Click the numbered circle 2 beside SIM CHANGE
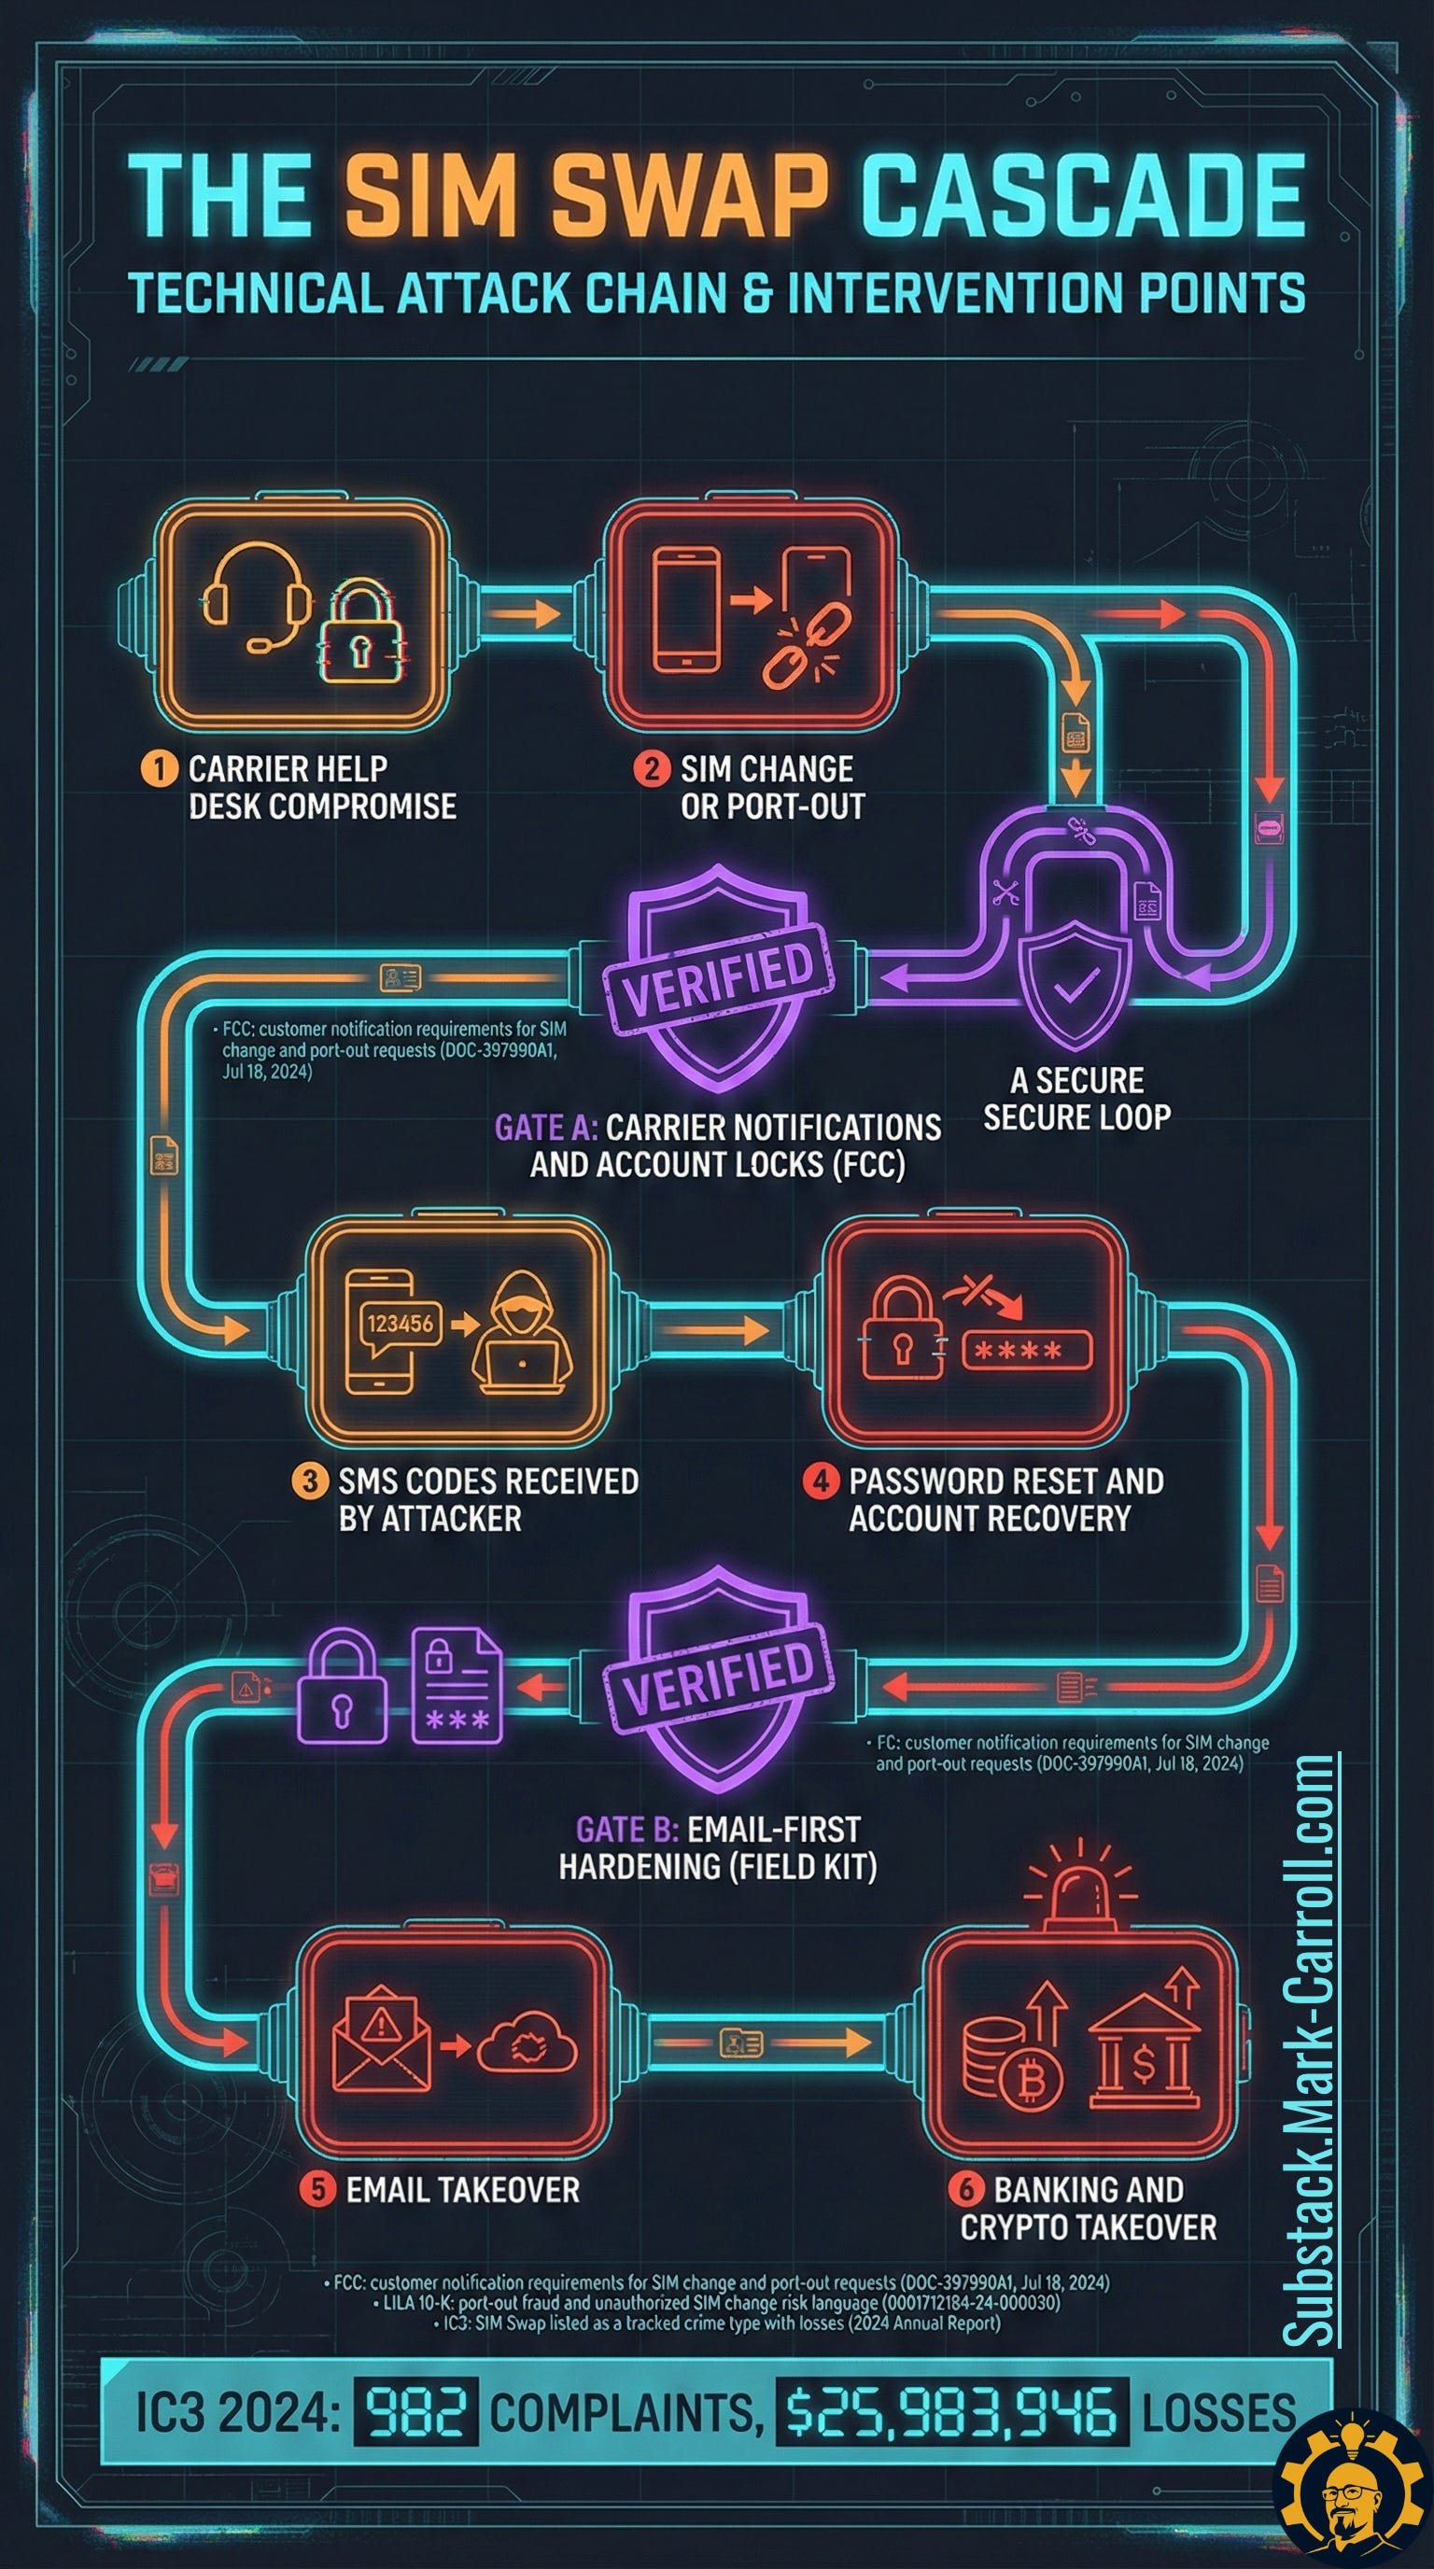(653, 769)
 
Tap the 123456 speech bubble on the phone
(401, 1324)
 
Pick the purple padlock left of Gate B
(345, 1688)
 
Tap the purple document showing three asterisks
(457, 1688)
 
